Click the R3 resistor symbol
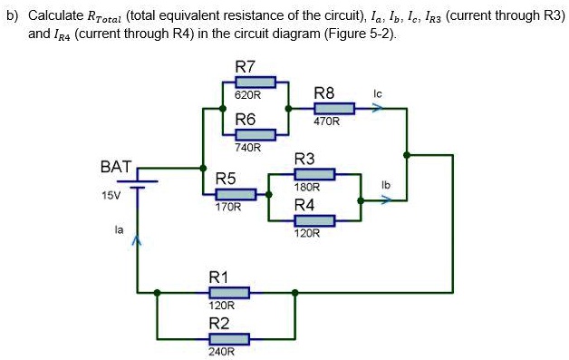pos(314,174)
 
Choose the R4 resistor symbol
pos(314,220)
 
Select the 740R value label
pos(247,147)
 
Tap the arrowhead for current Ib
pos(386,201)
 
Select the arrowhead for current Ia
pos(138,241)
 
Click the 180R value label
pos(307,186)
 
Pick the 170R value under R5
pos(227,207)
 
